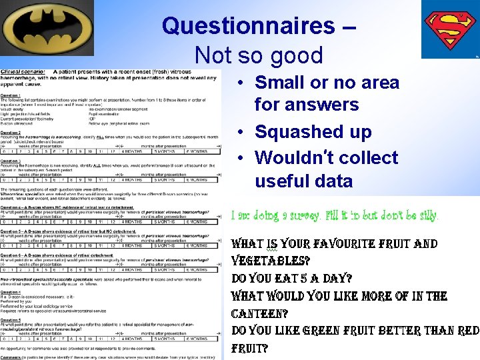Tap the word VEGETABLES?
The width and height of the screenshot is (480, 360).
click(270, 261)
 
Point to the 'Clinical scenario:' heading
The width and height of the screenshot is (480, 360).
click(22, 71)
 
